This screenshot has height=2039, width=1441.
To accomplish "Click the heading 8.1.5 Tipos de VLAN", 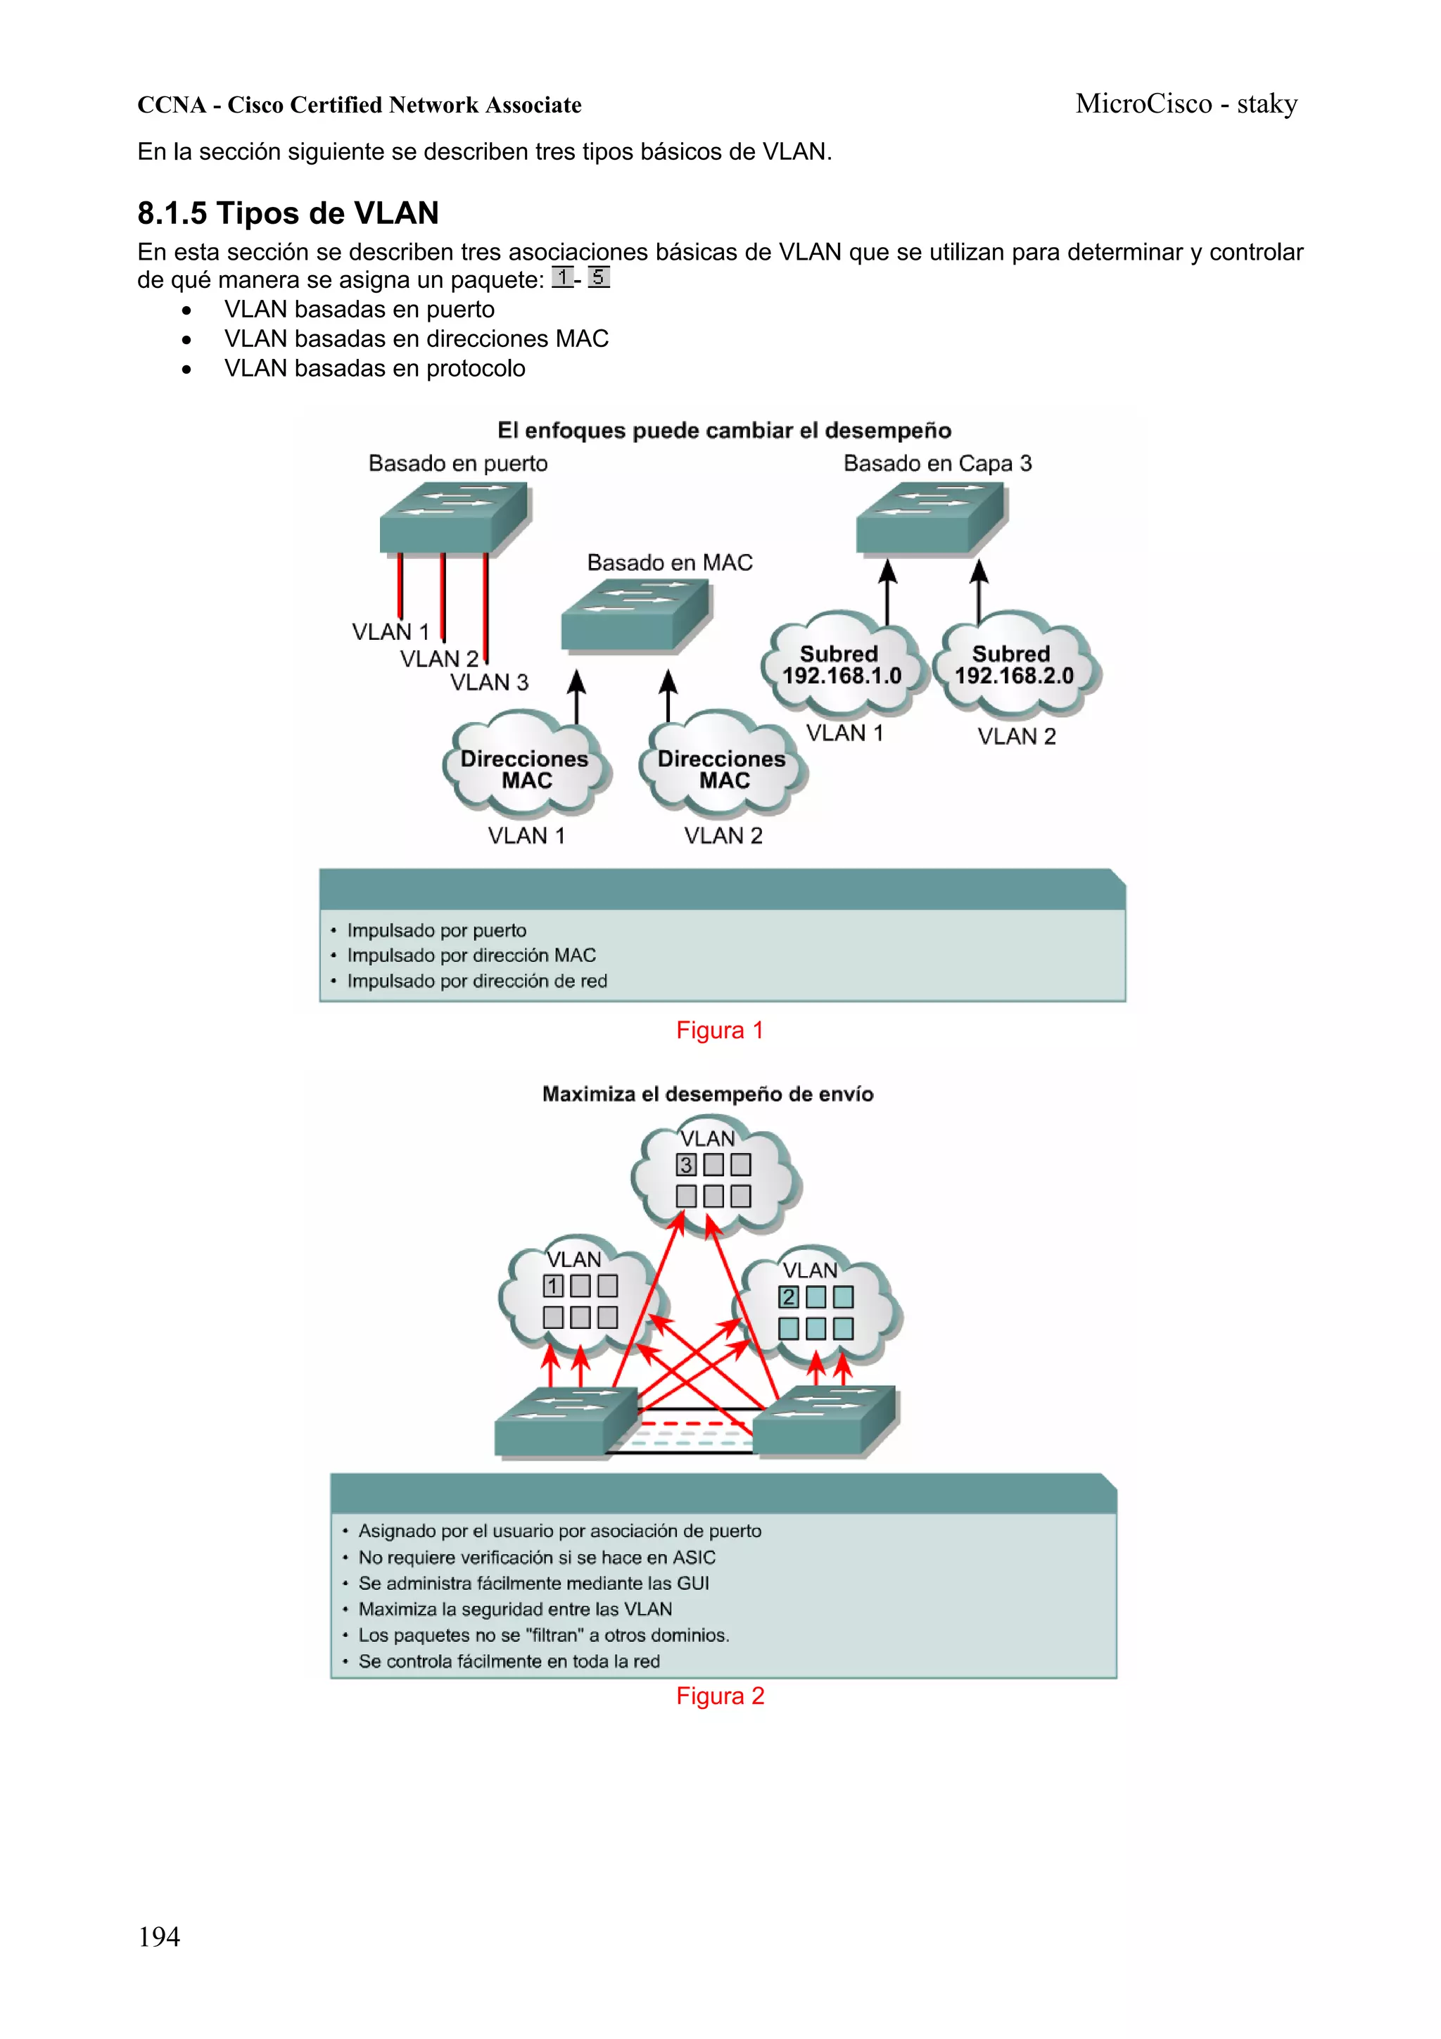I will [x=288, y=213].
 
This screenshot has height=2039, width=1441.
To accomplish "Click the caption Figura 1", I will [x=719, y=1030].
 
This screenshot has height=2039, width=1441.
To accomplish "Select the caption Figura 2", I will [x=719, y=1696].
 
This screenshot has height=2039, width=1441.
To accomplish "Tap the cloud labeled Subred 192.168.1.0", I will [x=841, y=665].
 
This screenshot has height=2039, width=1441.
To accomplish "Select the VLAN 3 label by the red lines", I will [x=488, y=682].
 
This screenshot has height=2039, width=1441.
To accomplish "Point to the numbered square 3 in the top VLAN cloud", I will [x=685, y=1164].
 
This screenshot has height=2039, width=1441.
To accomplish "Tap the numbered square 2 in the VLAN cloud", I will [x=787, y=1296].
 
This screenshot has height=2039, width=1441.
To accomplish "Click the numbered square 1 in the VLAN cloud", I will [x=552, y=1285].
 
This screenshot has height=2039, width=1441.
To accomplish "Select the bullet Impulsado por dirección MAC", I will [x=471, y=956].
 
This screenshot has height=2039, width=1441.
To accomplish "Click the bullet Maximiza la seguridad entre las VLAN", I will [x=514, y=1609].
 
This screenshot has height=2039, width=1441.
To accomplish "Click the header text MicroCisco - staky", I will [x=1186, y=104].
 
